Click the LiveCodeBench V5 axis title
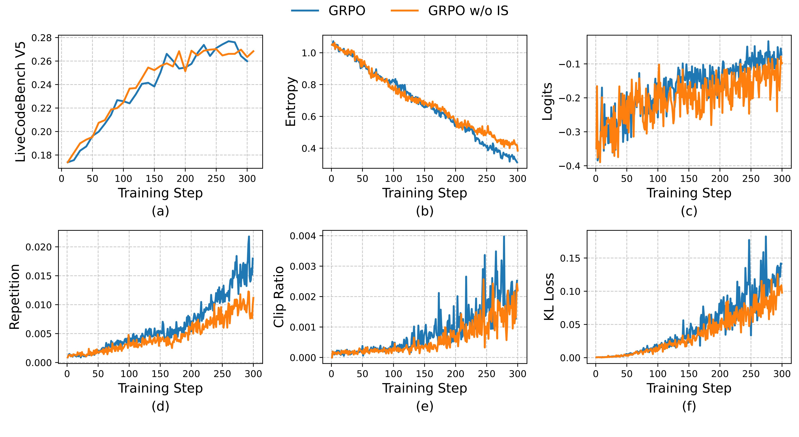point(20,102)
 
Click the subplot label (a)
point(160,211)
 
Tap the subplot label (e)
point(425,406)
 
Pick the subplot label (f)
point(689,406)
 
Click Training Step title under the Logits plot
point(689,193)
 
